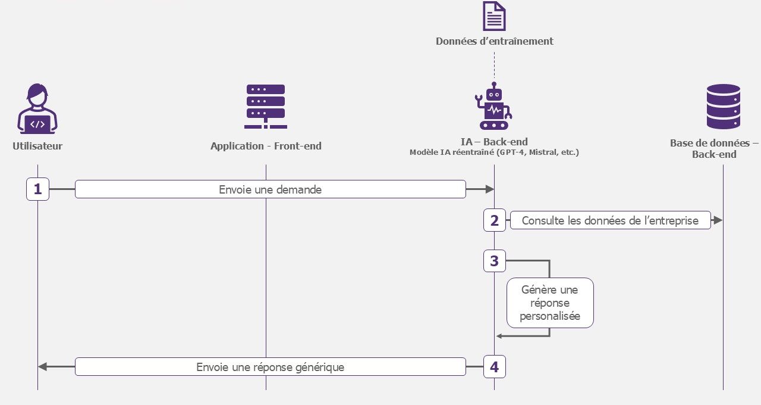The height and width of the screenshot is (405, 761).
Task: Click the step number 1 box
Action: tap(37, 189)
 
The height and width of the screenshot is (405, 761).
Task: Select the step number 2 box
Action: tap(494, 220)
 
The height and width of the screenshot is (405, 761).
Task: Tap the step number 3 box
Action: tap(494, 261)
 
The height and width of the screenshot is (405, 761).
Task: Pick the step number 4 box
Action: tap(494, 366)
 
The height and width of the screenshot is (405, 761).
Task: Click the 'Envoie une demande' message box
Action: tap(271, 189)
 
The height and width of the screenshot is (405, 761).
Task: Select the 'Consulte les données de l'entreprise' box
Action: tap(610, 220)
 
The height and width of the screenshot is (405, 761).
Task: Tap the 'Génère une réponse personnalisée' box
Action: tap(550, 303)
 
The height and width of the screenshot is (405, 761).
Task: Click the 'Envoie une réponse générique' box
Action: tap(271, 366)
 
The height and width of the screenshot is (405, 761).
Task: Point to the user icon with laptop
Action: tap(37, 108)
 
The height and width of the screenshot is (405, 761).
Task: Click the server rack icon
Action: tap(266, 107)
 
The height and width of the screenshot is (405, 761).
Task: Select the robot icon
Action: tap(493, 106)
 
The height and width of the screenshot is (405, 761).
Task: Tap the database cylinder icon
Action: tap(724, 107)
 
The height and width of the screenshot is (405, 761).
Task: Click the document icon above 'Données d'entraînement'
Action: tap(494, 16)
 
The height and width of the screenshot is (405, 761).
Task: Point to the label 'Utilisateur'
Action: tap(37, 146)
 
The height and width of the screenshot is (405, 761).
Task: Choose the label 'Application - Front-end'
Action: tap(266, 146)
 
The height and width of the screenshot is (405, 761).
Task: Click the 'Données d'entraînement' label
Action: tap(494, 41)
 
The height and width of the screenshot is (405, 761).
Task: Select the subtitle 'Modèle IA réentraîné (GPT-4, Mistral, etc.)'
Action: tap(494, 152)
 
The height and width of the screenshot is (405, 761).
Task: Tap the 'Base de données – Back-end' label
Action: tap(714, 148)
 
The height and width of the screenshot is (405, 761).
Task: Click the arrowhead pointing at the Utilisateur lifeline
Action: tap(42, 366)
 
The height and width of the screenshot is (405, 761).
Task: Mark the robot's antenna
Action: tap(494, 85)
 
